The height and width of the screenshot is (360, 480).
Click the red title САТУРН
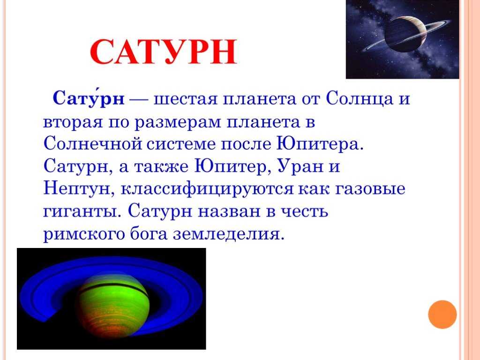[x=164, y=52]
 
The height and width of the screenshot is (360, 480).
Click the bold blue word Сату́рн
[x=89, y=97]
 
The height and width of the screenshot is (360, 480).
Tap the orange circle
[x=442, y=315]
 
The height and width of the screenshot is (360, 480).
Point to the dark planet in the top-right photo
[x=405, y=34]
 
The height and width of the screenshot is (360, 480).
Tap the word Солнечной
[x=93, y=143]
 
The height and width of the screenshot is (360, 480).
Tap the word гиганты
[x=80, y=211]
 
